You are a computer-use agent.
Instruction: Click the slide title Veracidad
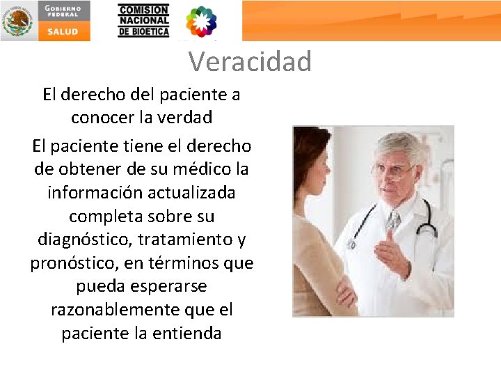(x=250, y=62)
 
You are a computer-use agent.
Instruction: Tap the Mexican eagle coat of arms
(x=17, y=21)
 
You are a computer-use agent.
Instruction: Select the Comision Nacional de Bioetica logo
(x=143, y=21)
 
